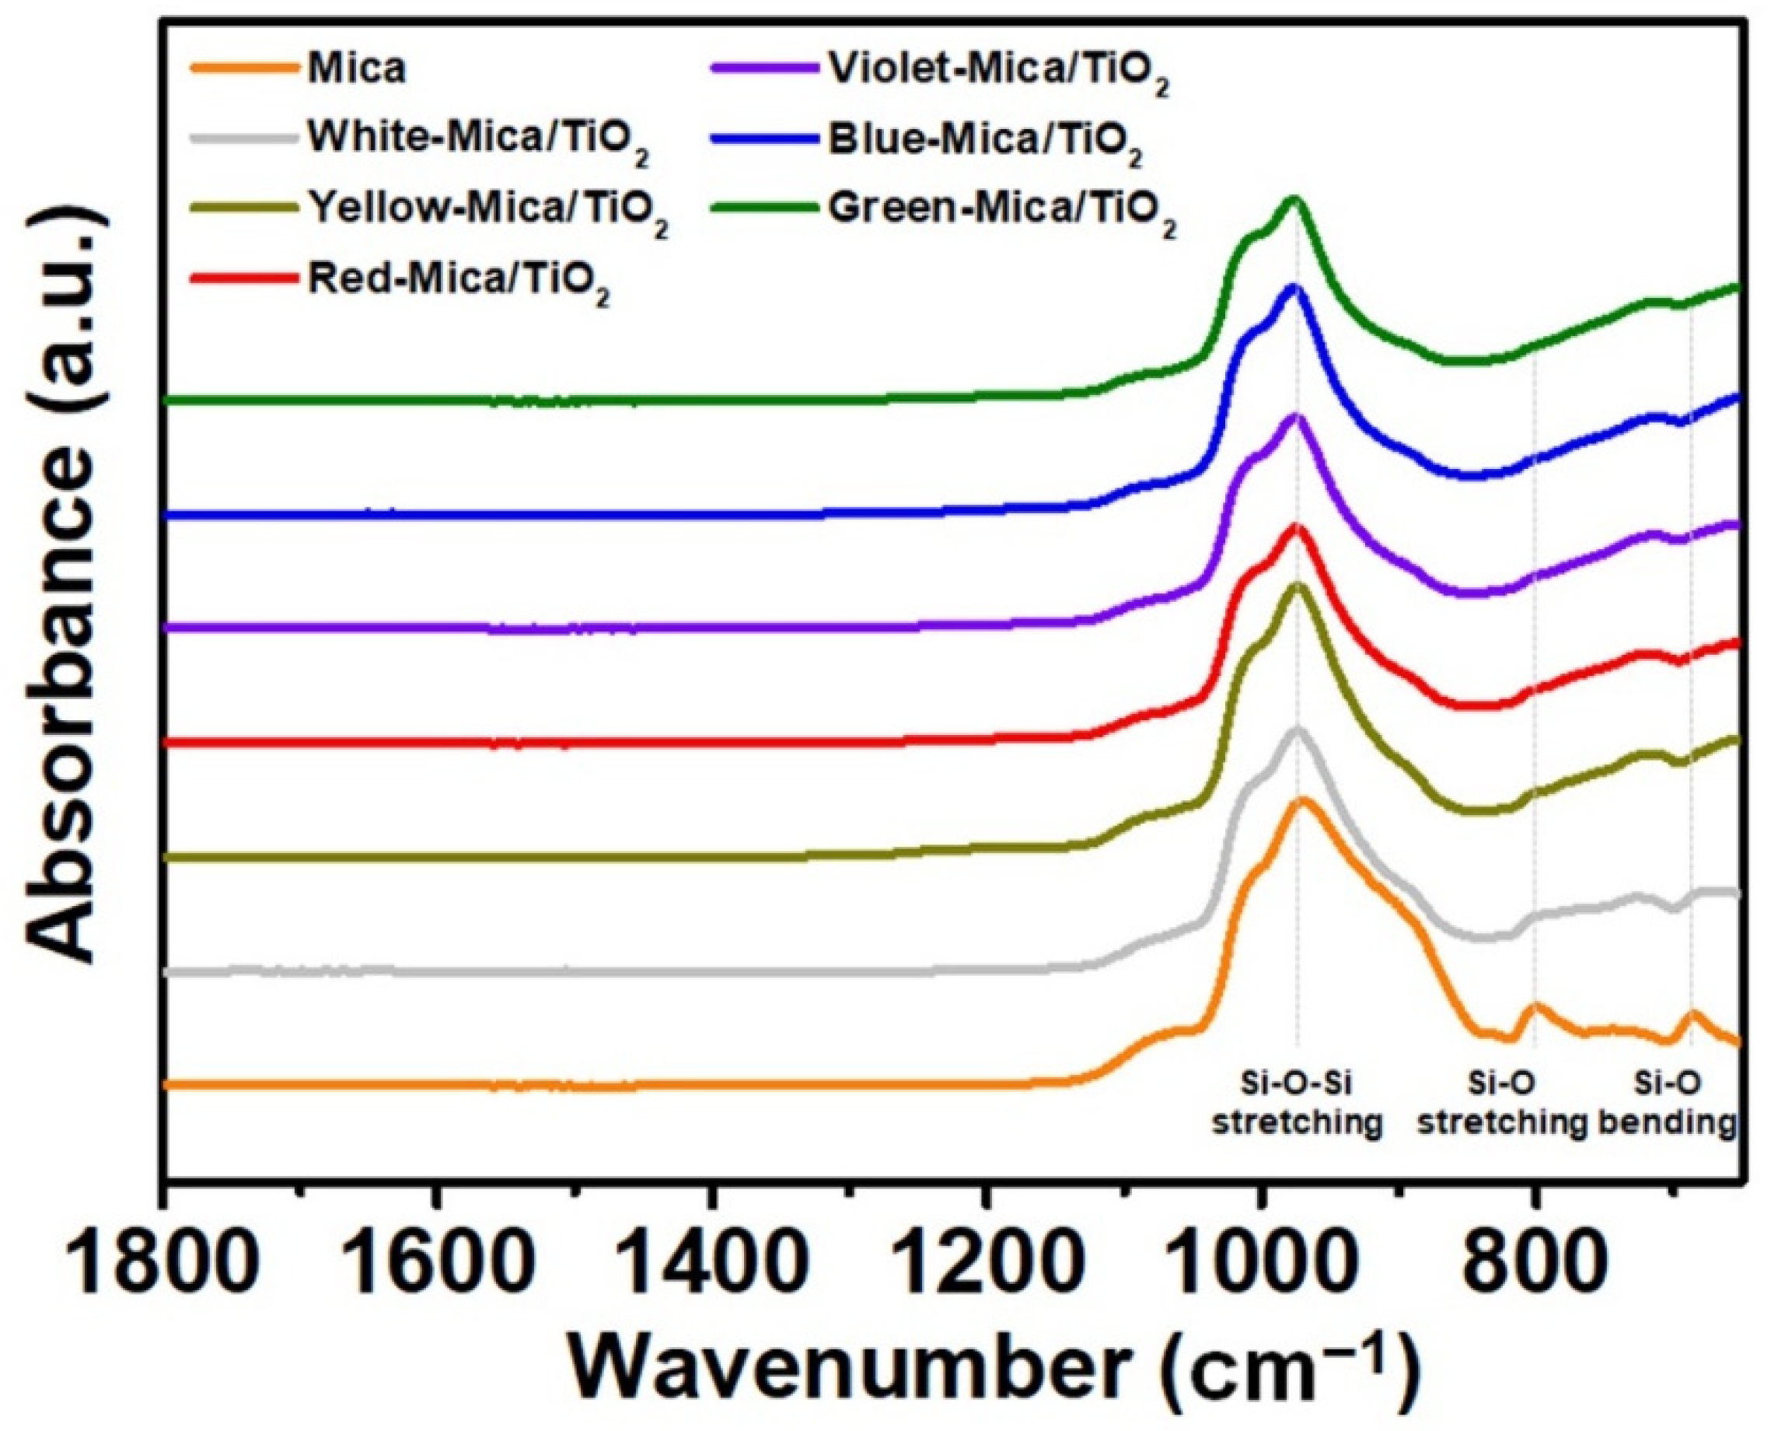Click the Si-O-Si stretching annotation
coord(1296,1104)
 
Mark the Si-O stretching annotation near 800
coord(1501,1104)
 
